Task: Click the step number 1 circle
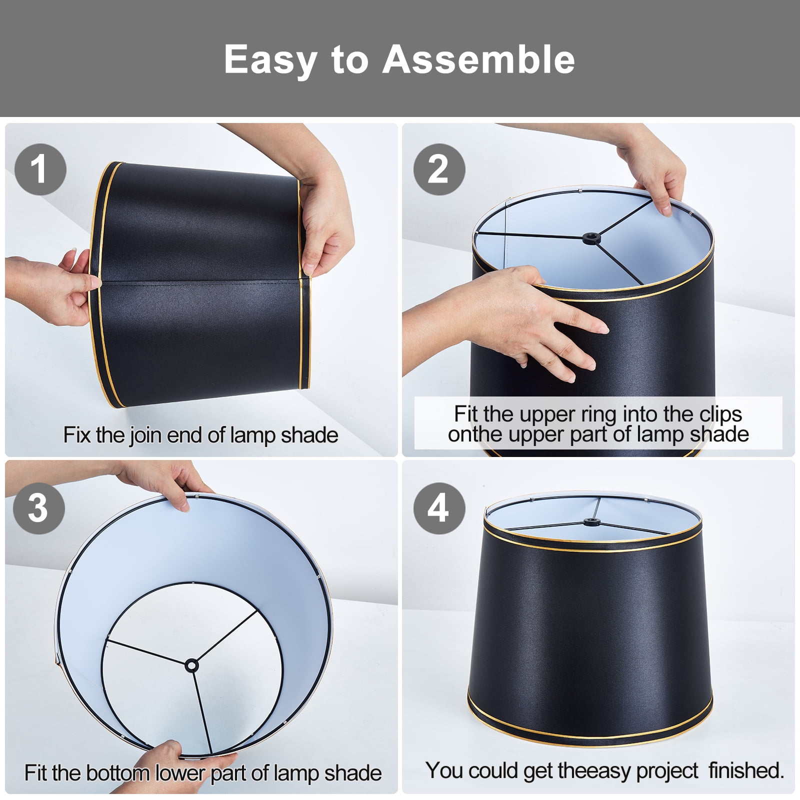[40, 169]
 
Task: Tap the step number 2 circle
[439, 169]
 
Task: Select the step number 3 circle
[39, 508]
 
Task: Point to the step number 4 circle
[439, 508]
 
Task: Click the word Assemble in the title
[478, 59]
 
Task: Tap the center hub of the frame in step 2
[591, 237]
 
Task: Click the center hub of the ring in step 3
[191, 665]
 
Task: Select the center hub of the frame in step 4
[591, 522]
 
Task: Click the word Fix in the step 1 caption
[77, 435]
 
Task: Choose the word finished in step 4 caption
[746, 770]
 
